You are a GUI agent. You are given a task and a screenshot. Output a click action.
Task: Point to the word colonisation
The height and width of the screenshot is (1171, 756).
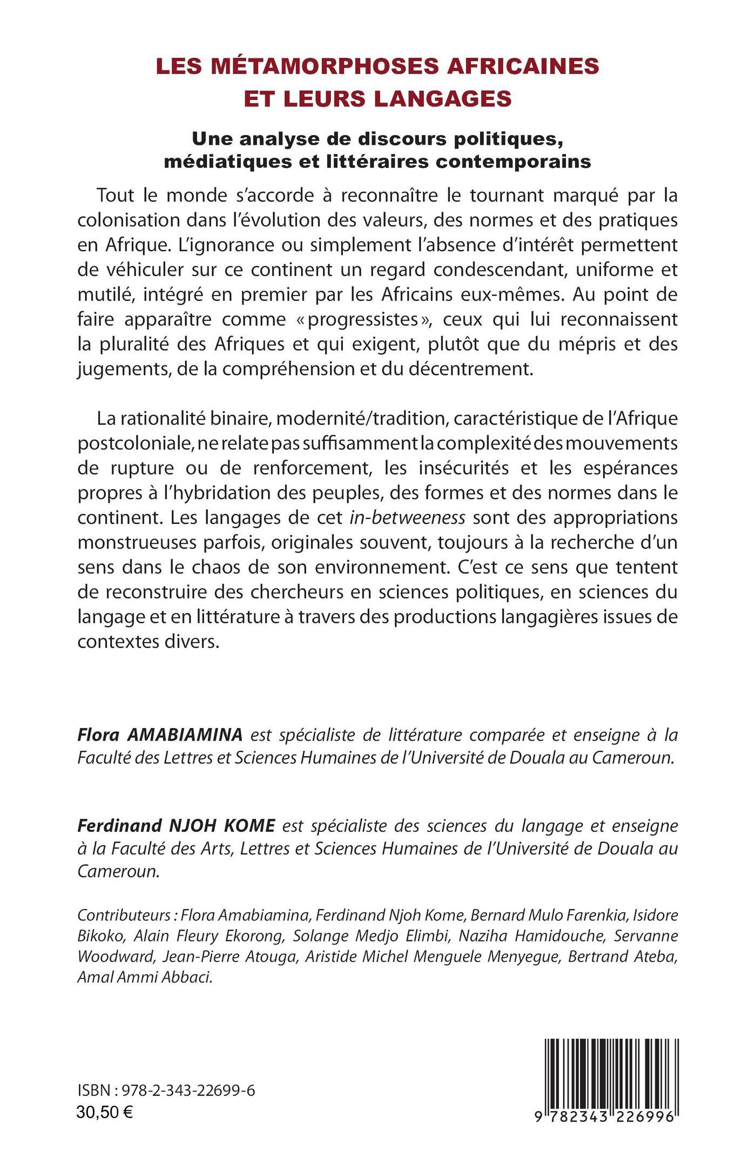(129, 220)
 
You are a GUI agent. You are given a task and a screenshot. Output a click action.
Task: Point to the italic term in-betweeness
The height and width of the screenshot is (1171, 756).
(407, 518)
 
